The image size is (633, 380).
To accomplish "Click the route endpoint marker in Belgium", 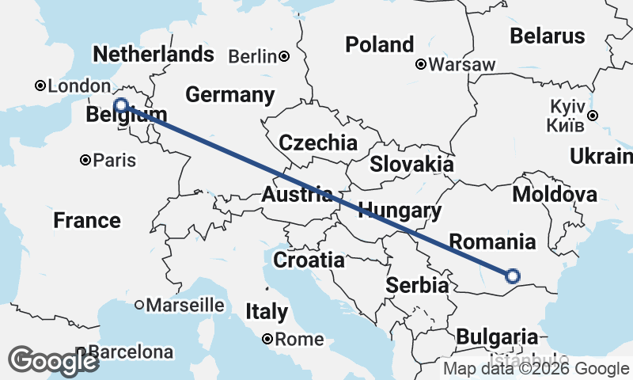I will click(121, 105).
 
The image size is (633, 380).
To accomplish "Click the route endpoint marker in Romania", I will click(512, 275).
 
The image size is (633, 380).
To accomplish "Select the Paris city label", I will click(115, 161).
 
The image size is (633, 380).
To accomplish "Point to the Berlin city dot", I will click(283, 56).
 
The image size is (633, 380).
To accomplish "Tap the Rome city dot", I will click(268, 339).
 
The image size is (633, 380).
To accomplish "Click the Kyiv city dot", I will click(593, 116).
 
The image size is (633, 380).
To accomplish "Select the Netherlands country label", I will click(154, 54).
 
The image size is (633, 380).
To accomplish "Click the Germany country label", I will click(229, 95).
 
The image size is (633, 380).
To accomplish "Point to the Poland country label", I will click(380, 44).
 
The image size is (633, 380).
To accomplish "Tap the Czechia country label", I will click(318, 143).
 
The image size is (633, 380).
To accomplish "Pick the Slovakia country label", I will click(412, 165).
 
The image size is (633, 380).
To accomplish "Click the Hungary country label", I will click(400, 211).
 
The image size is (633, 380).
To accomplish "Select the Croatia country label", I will click(309, 260).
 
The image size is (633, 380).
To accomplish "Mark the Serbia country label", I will click(418, 286).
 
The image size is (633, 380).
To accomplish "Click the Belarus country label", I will click(548, 36).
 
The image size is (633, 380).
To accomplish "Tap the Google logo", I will click(54, 360).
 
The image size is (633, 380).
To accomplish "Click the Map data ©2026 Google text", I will click(535, 368).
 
